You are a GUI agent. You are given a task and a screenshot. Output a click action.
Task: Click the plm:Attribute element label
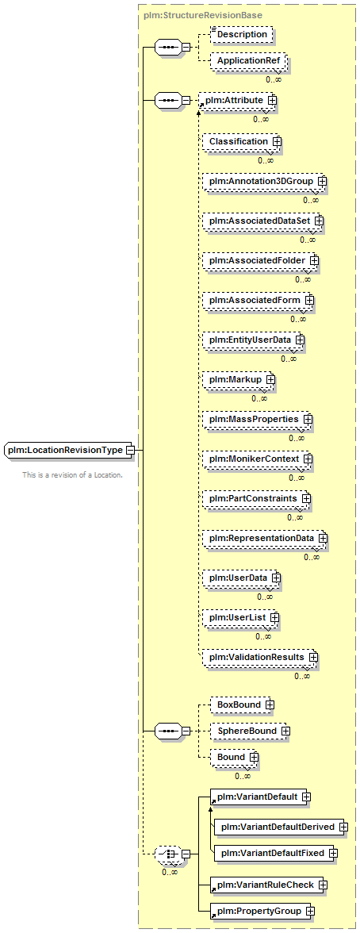tap(235, 102)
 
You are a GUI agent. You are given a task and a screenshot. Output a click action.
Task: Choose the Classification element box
tap(239, 141)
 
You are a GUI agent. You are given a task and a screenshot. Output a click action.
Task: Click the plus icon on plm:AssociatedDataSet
tap(319, 221)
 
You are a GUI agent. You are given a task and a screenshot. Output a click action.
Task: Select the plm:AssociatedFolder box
tap(259, 260)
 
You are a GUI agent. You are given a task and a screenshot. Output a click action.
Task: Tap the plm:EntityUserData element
tap(251, 340)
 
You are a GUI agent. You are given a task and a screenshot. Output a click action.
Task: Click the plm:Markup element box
tap(237, 379)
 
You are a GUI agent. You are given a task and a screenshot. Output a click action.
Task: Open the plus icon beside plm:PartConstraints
tap(306, 497)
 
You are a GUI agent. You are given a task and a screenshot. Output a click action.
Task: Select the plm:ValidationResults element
tap(259, 657)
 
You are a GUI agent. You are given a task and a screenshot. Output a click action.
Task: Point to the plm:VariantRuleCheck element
tap(268, 885)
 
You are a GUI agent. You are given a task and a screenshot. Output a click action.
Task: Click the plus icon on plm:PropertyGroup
tap(311, 911)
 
